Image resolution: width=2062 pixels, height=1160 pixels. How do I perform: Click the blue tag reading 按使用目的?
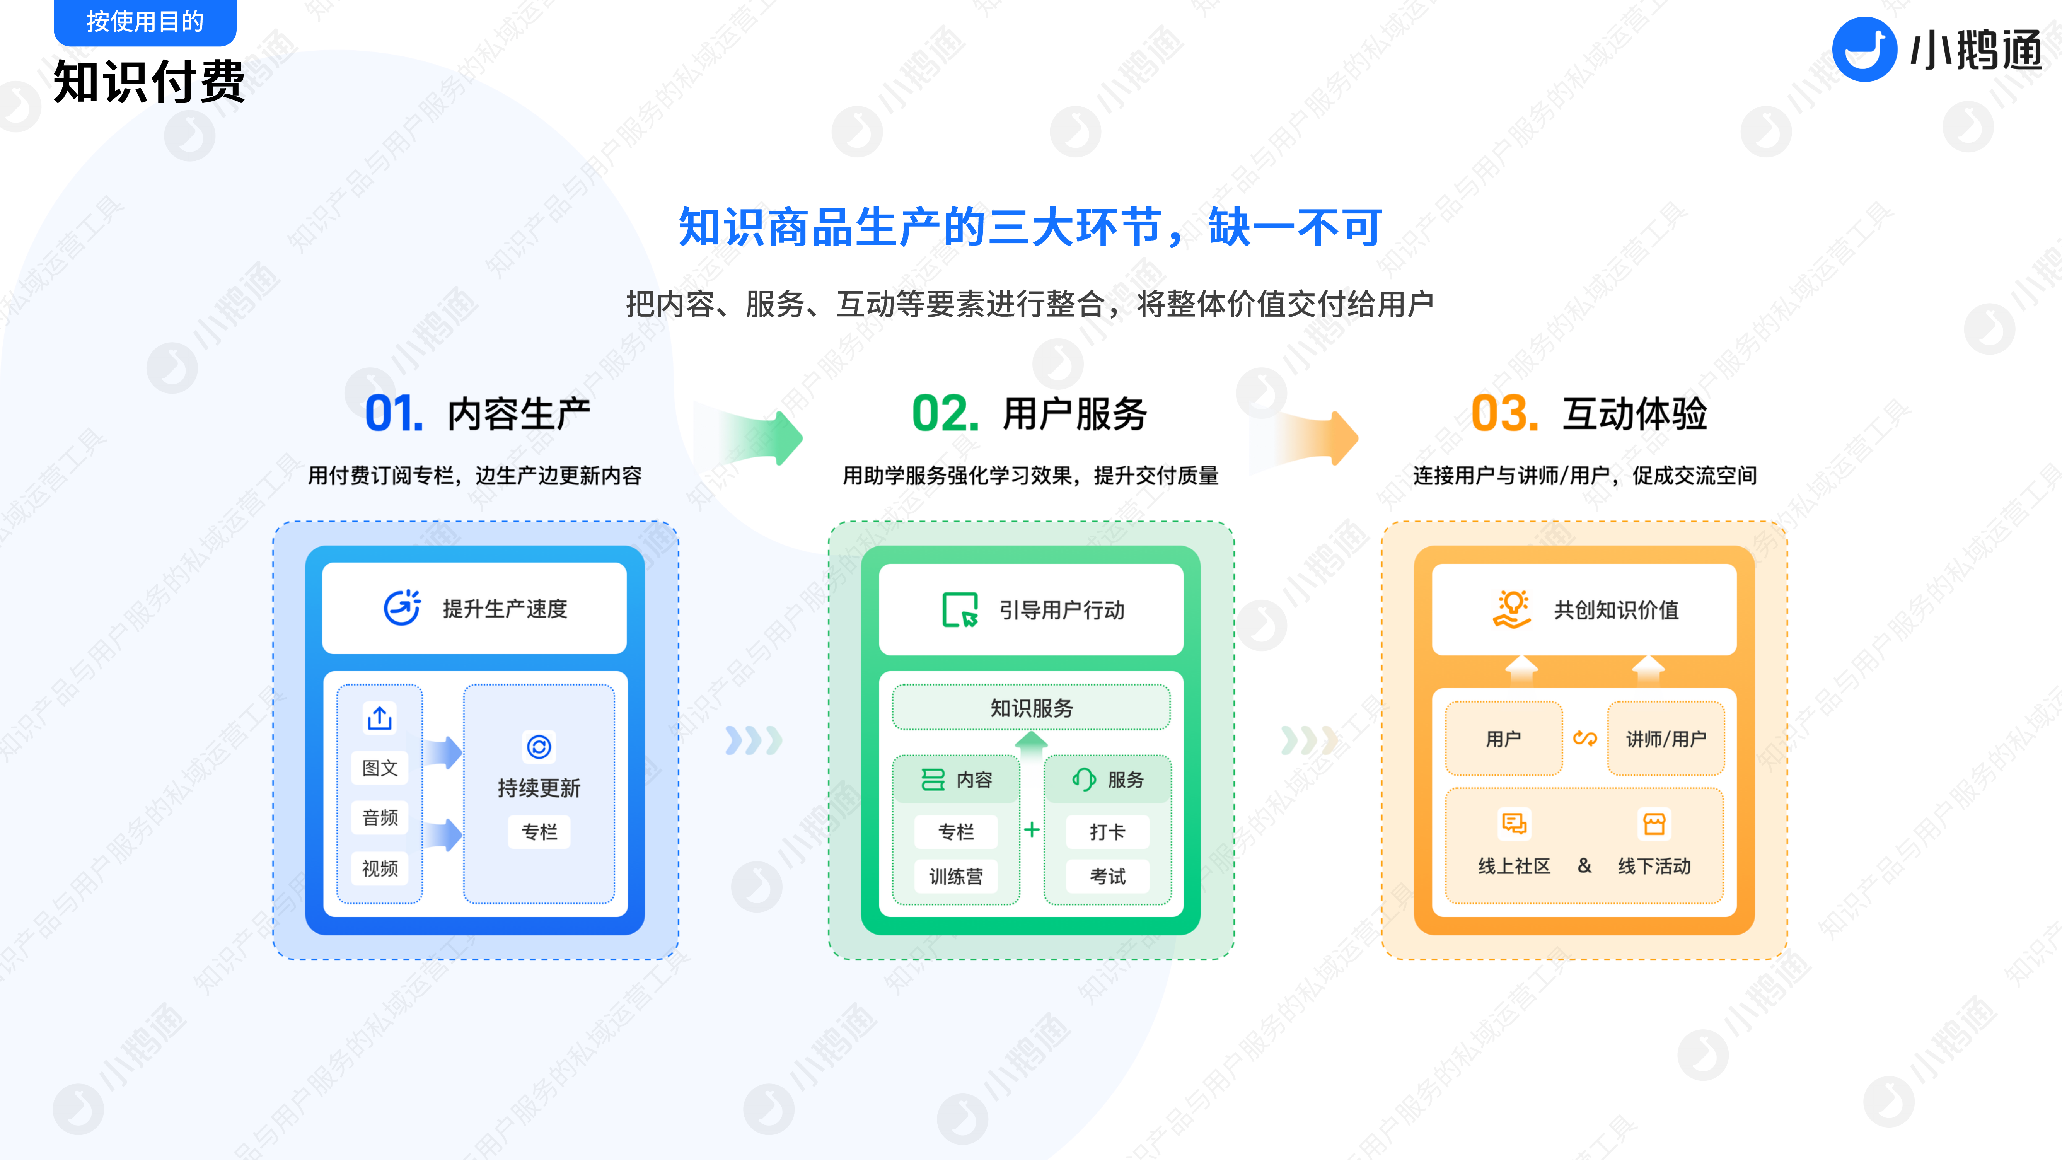click(x=145, y=22)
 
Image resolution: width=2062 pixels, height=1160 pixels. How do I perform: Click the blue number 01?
click(x=393, y=414)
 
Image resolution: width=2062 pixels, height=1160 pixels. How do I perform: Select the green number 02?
click(x=945, y=414)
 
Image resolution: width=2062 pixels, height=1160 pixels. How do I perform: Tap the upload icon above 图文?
click(x=379, y=718)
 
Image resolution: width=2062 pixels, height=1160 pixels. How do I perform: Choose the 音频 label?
click(x=379, y=817)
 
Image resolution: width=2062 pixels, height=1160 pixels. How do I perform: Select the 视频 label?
click(x=379, y=868)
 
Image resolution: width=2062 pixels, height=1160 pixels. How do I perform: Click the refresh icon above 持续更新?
click(x=539, y=747)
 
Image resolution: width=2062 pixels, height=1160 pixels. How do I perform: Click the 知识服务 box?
click(x=1031, y=708)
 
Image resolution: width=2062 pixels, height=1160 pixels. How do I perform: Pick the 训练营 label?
click(x=956, y=877)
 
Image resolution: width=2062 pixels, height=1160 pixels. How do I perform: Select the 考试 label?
click(x=1108, y=877)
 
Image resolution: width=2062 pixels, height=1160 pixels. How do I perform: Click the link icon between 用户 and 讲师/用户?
click(x=1585, y=738)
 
